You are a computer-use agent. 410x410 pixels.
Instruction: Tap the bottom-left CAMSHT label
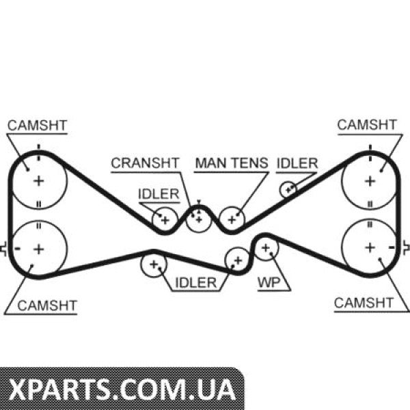pyautogui.click(x=47, y=305)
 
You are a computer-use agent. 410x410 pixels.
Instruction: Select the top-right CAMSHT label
pyautogui.click(x=366, y=124)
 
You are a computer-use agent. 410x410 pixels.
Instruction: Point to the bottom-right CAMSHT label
pyautogui.click(x=364, y=302)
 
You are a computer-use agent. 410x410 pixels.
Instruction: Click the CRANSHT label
pyautogui.click(x=146, y=163)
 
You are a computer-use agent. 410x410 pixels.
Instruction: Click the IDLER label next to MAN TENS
pyautogui.click(x=297, y=163)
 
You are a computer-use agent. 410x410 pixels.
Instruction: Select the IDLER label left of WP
pyautogui.click(x=195, y=282)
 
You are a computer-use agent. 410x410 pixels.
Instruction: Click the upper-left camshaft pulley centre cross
pyautogui.click(x=39, y=180)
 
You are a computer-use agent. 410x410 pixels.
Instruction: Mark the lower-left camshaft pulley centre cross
pyautogui.click(x=39, y=247)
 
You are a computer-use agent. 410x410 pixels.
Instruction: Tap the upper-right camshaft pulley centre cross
pyautogui.click(x=370, y=180)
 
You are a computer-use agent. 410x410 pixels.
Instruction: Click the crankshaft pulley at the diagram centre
pyautogui.click(x=198, y=219)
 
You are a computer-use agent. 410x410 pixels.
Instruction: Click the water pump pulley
pyautogui.click(x=266, y=247)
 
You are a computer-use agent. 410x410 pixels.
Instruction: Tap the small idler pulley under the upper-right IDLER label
pyautogui.click(x=288, y=189)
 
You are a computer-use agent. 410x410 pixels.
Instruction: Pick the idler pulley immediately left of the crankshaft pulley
pyautogui.click(x=165, y=219)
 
